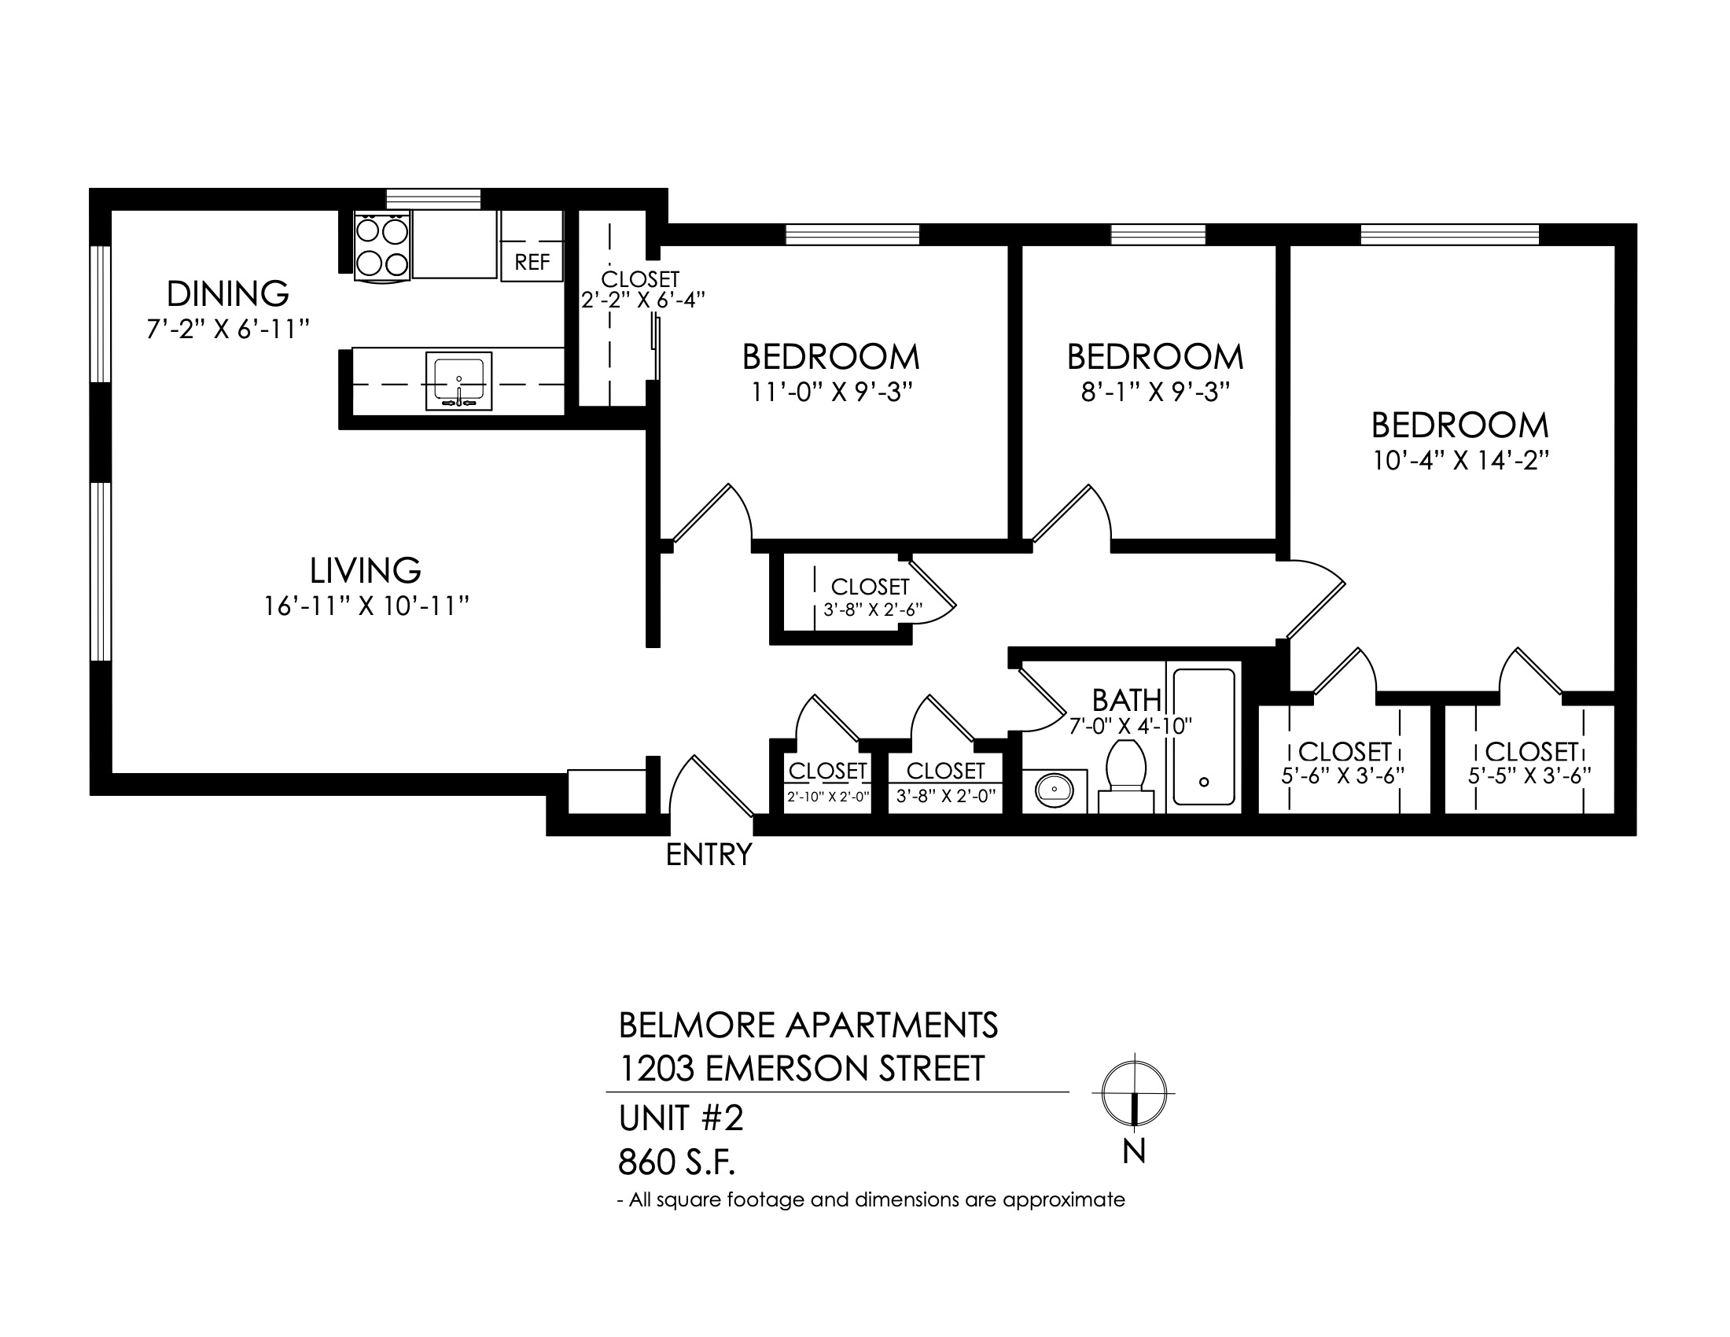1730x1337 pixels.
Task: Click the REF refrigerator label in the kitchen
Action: (532, 262)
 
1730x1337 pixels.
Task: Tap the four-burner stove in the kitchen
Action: (383, 245)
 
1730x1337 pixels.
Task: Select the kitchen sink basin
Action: (458, 381)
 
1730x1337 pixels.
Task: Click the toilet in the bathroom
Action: (1125, 775)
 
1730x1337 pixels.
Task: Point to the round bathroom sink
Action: (1055, 790)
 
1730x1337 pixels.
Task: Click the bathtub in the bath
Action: (1203, 737)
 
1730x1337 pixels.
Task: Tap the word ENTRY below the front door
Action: (709, 856)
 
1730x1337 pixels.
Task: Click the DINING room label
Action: (227, 294)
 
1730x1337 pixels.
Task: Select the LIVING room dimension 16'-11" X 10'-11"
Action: (366, 606)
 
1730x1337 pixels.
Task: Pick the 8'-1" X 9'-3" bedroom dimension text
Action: (1155, 392)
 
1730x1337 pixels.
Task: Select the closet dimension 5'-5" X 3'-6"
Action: (1529, 776)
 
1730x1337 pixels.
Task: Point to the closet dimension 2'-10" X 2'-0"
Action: (829, 796)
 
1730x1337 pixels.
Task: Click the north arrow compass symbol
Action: (1134, 1093)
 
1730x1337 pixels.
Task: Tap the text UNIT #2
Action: (681, 1118)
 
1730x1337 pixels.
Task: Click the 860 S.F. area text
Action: (676, 1162)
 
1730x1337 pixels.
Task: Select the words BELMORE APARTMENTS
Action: (808, 1026)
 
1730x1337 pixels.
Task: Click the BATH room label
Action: (1126, 700)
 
